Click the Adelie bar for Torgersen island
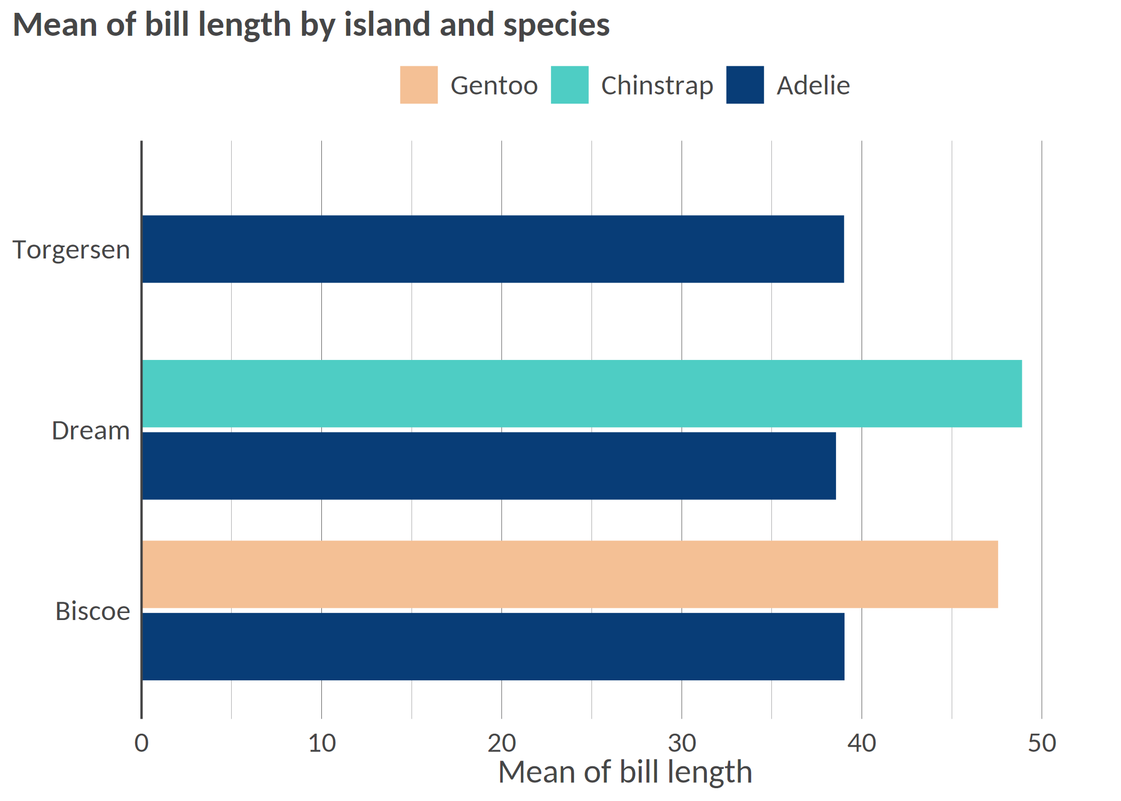pyautogui.click(x=492, y=249)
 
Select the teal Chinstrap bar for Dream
pyautogui.click(x=582, y=394)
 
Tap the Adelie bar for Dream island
pyautogui.click(x=488, y=466)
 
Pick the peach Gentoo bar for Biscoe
pyautogui.click(x=570, y=574)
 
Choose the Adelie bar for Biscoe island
pyautogui.click(x=493, y=646)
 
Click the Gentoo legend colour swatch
pyautogui.click(x=419, y=85)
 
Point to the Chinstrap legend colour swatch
pyautogui.click(x=570, y=85)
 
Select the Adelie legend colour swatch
pyautogui.click(x=745, y=85)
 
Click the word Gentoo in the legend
pyautogui.click(x=494, y=85)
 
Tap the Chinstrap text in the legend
pyautogui.click(x=657, y=85)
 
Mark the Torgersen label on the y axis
pyautogui.click(x=71, y=250)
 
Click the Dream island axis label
pyautogui.click(x=91, y=430)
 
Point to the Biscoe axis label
pyautogui.click(x=92, y=611)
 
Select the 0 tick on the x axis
pyautogui.click(x=141, y=743)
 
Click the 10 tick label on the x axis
pyautogui.click(x=322, y=743)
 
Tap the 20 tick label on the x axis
pyautogui.click(x=502, y=743)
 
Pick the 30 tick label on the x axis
pyautogui.click(x=682, y=743)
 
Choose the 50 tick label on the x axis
pyautogui.click(x=1042, y=743)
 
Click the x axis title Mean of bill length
pyautogui.click(x=625, y=772)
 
